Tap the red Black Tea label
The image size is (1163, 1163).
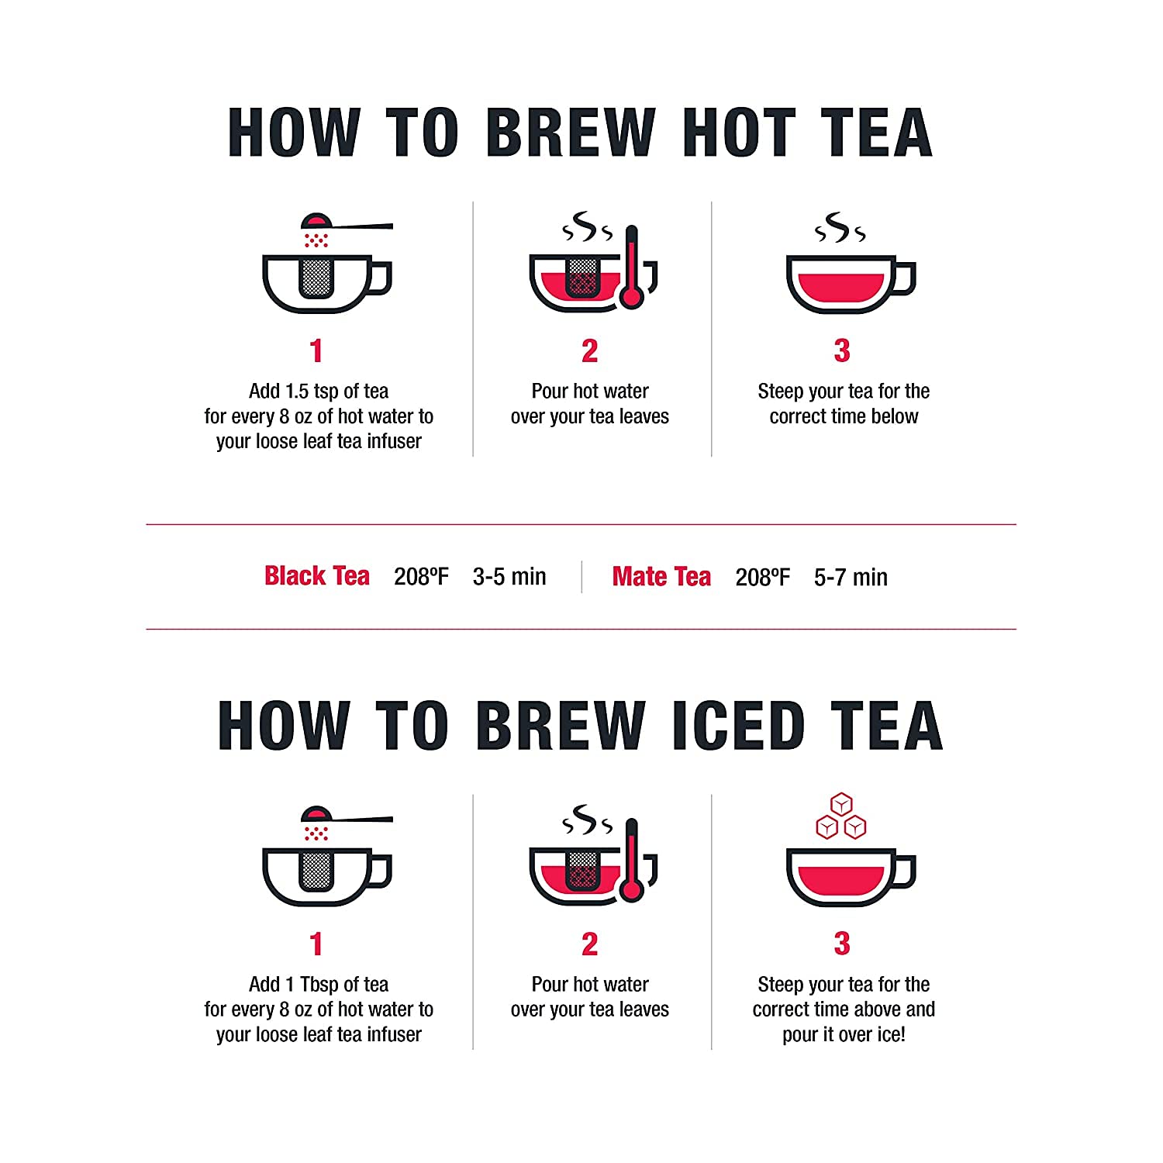(x=317, y=576)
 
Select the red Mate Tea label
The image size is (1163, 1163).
(x=661, y=577)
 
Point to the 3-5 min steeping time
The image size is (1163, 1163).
(x=509, y=577)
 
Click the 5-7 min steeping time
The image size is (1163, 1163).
(x=851, y=577)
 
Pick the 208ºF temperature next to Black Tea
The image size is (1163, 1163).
(x=421, y=577)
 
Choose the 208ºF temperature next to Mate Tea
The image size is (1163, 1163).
(x=763, y=577)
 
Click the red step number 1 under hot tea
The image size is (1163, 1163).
(x=316, y=351)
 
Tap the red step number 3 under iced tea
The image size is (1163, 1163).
(x=842, y=944)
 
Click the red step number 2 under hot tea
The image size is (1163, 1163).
(x=590, y=351)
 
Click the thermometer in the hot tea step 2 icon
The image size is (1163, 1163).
(x=632, y=267)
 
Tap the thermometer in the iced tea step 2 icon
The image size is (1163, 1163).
(x=632, y=861)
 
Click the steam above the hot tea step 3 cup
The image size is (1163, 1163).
(x=840, y=227)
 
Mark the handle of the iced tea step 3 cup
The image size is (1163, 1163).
(x=905, y=871)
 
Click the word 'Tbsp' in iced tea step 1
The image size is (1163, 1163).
(x=319, y=985)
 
